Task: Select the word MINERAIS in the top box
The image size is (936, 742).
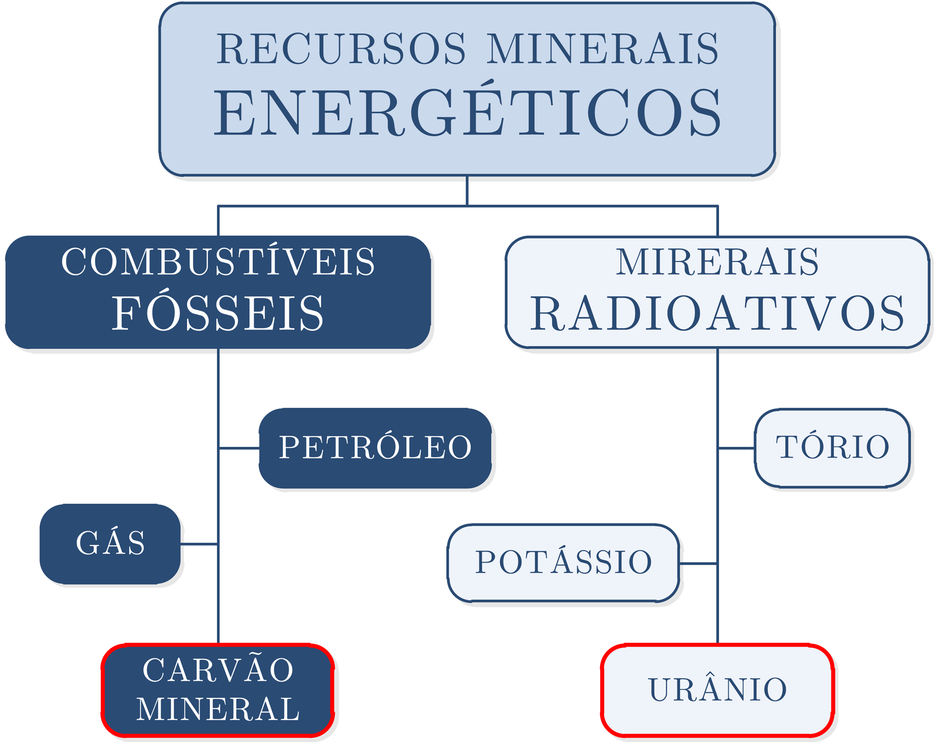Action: click(602, 48)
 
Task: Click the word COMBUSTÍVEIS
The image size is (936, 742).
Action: click(218, 262)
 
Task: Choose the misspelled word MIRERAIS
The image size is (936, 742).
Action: click(717, 262)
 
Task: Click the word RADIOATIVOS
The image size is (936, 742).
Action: click(717, 313)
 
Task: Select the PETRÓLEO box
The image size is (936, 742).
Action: click(375, 448)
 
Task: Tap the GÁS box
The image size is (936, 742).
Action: click(110, 544)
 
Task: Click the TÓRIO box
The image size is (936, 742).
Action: click(832, 448)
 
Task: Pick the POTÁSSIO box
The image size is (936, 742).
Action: click(563, 563)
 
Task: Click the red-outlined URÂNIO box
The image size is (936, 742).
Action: click(717, 689)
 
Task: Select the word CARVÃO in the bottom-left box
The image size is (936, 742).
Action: click(218, 671)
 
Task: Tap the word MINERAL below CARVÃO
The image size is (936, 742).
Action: click(218, 709)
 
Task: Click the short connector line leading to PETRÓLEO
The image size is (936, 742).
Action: click(239, 448)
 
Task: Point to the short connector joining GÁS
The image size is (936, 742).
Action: click(199, 544)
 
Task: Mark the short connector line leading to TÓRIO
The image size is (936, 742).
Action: click(736, 448)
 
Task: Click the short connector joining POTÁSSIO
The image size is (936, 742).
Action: click(698, 563)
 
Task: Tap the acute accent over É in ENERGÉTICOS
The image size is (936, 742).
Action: click(487, 82)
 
